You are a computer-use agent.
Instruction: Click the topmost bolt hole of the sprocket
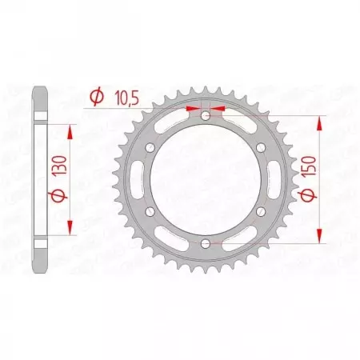[x=206, y=117]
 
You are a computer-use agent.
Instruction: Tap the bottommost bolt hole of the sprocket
[x=206, y=242]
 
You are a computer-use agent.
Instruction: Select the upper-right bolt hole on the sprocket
[x=261, y=148]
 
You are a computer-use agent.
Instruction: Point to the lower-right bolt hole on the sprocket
[x=261, y=211]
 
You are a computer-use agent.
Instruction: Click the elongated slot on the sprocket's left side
[x=145, y=179]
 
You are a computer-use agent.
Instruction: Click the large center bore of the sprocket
[x=206, y=179]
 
